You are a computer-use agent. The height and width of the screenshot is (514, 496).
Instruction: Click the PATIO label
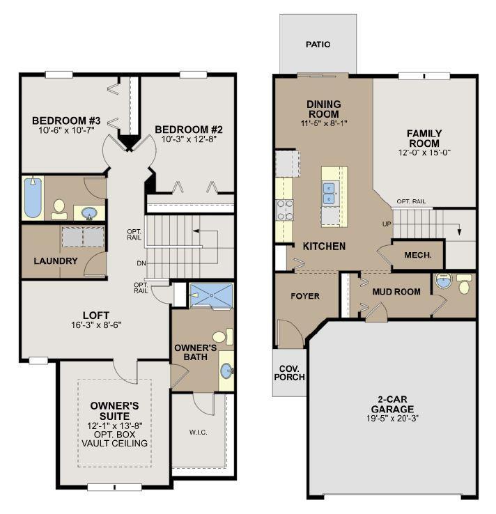318,45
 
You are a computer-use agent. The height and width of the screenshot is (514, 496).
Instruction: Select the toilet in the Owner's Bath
223,336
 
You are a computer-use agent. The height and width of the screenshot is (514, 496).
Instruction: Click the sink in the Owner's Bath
226,371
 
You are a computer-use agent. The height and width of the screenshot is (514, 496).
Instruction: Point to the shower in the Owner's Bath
212,295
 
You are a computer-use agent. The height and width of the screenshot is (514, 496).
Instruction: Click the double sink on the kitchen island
329,194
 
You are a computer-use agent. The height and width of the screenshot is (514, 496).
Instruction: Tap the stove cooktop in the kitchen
284,210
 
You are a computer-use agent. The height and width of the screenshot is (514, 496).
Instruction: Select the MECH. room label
418,255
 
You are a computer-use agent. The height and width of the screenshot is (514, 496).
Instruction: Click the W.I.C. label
198,433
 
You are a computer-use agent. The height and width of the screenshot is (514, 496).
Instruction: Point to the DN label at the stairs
141,263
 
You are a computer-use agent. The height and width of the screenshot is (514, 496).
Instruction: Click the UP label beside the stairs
387,224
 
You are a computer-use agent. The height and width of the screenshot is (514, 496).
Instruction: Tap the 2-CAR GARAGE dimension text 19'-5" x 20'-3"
392,419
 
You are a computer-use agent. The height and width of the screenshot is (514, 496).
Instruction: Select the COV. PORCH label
290,373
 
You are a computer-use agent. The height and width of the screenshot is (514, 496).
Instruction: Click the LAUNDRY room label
56,261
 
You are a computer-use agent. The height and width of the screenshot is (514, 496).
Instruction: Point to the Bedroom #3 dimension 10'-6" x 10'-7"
66,130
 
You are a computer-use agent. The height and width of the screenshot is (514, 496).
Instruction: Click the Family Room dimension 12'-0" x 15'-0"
424,153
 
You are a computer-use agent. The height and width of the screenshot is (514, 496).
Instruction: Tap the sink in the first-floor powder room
443,281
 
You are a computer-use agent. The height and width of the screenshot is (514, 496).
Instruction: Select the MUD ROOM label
396,292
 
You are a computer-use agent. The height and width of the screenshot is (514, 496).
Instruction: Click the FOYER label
305,296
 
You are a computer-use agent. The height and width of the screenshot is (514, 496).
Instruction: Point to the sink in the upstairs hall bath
89,213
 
